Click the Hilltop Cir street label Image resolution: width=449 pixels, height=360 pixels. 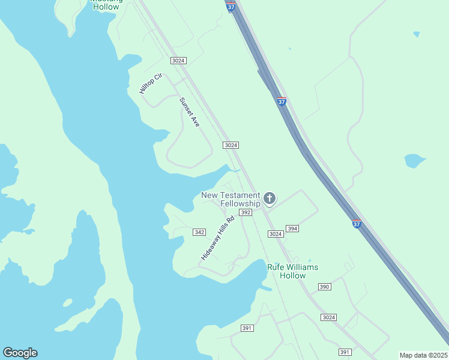(151, 83)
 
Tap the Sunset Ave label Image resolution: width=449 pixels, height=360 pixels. (189, 112)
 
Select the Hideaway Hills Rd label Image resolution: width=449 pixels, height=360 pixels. (215, 238)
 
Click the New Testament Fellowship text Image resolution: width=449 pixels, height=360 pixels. (231, 199)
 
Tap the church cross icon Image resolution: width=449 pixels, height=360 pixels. (270, 197)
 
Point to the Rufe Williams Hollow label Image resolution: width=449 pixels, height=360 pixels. (292, 271)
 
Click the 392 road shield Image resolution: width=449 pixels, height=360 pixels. (245, 212)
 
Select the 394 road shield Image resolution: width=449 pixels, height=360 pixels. (292, 229)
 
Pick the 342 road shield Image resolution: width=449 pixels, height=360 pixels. (200, 232)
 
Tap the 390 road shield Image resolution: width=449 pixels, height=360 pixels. (324, 287)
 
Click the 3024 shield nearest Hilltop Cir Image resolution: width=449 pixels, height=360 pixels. (178, 61)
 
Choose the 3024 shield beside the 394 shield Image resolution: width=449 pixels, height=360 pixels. (276, 234)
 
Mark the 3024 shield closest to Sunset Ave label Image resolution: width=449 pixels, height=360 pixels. (231, 145)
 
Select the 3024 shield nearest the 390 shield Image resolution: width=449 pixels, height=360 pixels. (328, 317)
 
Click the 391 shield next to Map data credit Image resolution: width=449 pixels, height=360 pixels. (345, 352)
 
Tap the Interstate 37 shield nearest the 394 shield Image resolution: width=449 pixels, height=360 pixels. (356, 224)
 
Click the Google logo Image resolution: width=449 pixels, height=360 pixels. (20, 353)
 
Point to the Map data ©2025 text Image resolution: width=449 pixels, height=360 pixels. (424, 355)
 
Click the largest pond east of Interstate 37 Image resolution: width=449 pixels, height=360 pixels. (415, 161)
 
